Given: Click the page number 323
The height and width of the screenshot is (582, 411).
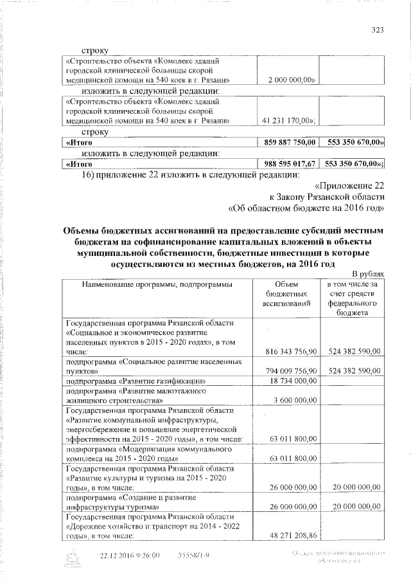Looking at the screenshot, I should (378, 30).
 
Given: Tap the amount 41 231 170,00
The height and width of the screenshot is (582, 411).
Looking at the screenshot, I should (288, 120).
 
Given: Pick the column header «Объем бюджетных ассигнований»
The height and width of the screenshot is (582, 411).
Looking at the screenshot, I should (286, 294).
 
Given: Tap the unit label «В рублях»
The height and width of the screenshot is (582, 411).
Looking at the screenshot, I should (367, 274).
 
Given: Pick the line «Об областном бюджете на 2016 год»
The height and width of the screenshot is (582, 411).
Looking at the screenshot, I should (307, 208).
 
